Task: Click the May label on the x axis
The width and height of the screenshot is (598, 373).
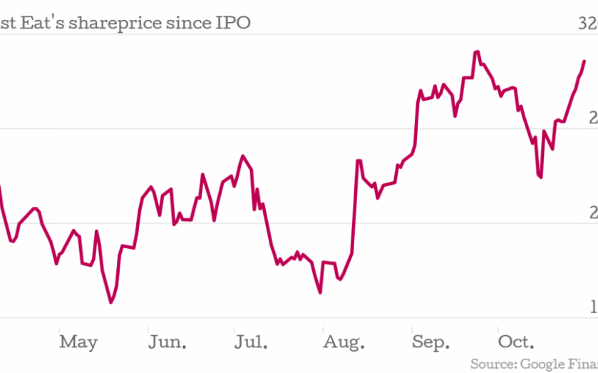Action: pyautogui.click(x=78, y=342)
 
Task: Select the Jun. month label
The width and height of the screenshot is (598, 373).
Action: pyautogui.click(x=167, y=342)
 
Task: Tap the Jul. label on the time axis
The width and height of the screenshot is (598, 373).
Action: pyautogui.click(x=252, y=342)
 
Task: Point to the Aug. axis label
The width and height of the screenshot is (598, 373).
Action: pyautogui.click(x=343, y=342)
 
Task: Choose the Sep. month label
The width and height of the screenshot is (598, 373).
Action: pyautogui.click(x=431, y=342)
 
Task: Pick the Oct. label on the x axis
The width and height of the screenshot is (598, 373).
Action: pyautogui.click(x=516, y=342)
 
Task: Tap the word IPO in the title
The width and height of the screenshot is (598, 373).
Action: pyautogui.click(x=233, y=24)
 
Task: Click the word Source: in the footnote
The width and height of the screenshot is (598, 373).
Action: pyautogui.click(x=492, y=364)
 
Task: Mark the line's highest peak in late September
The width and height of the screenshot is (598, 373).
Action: pyautogui.click(x=477, y=52)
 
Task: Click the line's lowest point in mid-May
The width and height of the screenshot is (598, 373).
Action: pyautogui.click(x=111, y=302)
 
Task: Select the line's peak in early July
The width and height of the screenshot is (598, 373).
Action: pyautogui.click(x=243, y=155)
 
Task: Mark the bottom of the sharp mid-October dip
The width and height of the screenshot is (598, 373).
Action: pyautogui.click(x=541, y=177)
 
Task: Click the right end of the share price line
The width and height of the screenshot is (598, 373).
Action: pyautogui.click(x=584, y=61)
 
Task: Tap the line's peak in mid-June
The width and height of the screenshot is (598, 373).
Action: pyautogui.click(x=202, y=174)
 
